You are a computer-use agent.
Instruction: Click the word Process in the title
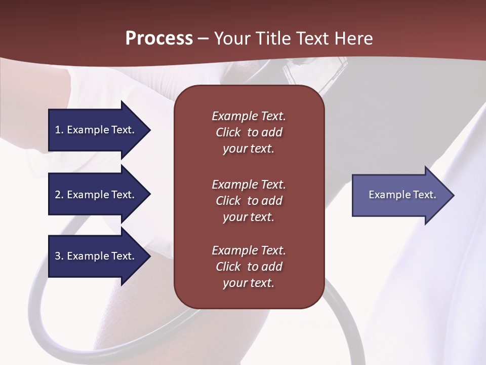click(x=159, y=39)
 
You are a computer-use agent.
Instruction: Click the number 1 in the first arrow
click(x=58, y=130)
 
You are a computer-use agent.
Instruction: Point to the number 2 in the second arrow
click(x=58, y=195)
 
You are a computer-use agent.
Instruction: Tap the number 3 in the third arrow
click(x=58, y=256)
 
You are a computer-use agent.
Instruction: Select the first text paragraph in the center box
click(x=249, y=132)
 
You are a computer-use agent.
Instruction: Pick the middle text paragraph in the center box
click(x=249, y=201)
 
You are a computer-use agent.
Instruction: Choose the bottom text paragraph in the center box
click(x=249, y=267)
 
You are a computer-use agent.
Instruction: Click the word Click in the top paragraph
click(x=228, y=132)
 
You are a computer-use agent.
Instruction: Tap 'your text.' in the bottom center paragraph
click(x=249, y=283)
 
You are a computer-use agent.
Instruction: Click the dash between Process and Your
click(x=204, y=39)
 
